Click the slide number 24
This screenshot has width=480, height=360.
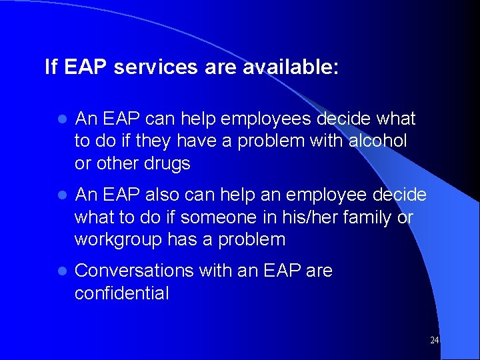coord(434,341)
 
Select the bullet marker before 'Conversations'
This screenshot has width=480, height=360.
coord(61,272)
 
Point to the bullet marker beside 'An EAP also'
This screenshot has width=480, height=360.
coord(61,196)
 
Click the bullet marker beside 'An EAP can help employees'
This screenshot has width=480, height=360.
coord(61,120)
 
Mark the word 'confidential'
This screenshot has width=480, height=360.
coord(121,293)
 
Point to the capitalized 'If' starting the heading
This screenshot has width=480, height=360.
coord(51,67)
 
